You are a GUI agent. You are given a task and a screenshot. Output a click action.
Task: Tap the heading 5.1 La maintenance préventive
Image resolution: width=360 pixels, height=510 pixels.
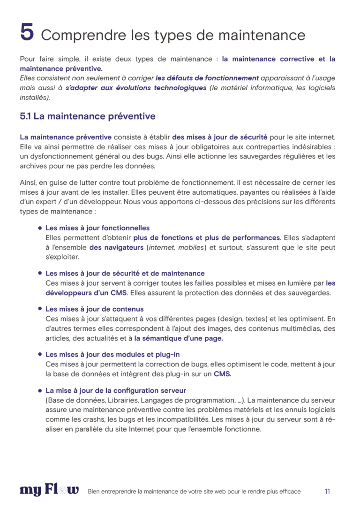point(88,116)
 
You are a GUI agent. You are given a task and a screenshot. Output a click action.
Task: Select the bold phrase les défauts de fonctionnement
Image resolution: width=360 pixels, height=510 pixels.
point(207,78)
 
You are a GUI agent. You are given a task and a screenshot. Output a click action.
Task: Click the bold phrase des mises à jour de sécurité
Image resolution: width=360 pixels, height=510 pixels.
point(220,137)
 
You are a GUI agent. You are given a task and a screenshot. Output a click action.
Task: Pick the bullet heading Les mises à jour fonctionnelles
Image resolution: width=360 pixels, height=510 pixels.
point(97,228)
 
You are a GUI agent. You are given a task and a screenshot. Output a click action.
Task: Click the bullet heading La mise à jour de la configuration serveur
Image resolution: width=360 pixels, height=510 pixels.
point(116,390)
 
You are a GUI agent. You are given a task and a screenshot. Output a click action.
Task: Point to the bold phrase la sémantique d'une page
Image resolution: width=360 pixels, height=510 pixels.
point(179,338)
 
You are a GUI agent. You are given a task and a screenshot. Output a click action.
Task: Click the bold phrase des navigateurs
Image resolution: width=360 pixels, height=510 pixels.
point(117,247)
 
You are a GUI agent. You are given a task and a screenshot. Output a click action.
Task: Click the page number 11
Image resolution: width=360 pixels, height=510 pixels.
point(327,491)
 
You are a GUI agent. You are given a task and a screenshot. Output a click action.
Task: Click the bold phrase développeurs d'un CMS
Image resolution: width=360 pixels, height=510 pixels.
point(86,293)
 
